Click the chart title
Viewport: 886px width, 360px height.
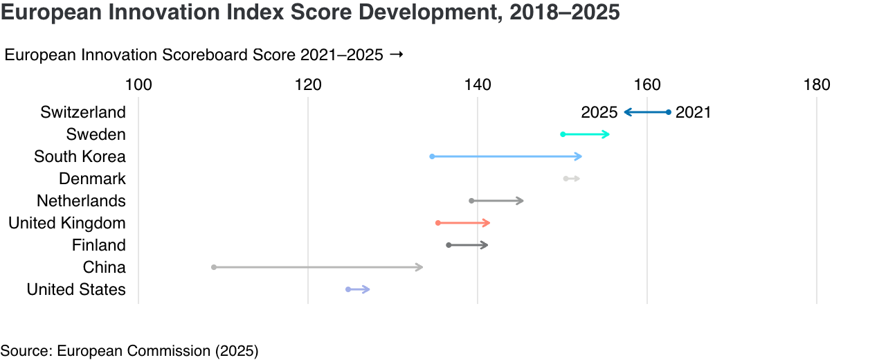[310, 13]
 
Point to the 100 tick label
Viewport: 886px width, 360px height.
[138, 85]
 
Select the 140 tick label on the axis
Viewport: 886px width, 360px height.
[478, 85]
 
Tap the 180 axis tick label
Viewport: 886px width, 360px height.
[817, 85]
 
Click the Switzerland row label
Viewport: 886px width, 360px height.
[83, 112]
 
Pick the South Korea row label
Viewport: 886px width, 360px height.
[80, 156]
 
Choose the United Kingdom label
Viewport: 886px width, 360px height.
[67, 223]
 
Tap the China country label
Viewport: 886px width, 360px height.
[104, 267]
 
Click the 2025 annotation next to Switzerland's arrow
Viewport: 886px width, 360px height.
[599, 112]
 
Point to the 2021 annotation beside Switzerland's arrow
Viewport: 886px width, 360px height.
[693, 112]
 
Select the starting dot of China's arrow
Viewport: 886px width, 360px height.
[214, 267]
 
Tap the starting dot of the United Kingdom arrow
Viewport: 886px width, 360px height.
[438, 223]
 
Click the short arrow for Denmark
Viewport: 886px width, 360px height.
[572, 179]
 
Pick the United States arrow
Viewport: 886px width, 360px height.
[359, 289]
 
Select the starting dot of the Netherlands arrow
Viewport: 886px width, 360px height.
[472, 201]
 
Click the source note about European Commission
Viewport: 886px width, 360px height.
[129, 351]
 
